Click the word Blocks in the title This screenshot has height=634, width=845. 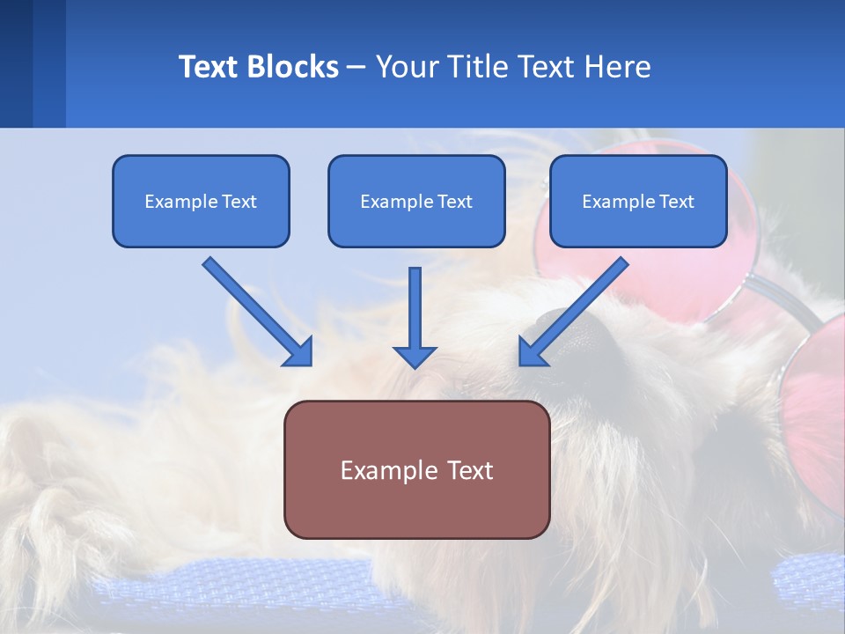pos(292,67)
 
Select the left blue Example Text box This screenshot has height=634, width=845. pos(201,201)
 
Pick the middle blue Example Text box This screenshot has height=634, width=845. pos(416,201)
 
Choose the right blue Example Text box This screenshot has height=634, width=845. pos(638,201)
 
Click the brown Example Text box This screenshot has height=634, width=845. pos(416,469)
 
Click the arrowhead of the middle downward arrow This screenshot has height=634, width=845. pos(415,356)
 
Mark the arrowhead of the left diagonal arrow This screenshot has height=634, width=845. pos(299,352)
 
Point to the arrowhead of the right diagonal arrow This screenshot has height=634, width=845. pos(533,352)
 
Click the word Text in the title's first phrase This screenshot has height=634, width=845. pos(209,67)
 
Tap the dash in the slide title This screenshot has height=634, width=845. pos(356,67)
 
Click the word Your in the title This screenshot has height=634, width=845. pos(406,67)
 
